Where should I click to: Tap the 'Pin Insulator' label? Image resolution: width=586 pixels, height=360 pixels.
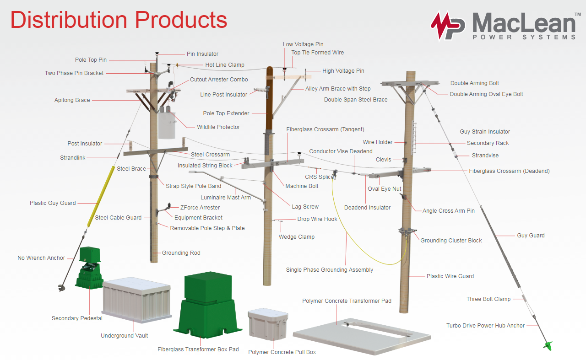click(202, 54)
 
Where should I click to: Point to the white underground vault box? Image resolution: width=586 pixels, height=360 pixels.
click(136, 300)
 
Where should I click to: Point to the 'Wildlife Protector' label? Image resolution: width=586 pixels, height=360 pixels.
click(218, 127)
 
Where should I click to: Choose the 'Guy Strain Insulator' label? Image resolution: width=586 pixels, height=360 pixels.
click(485, 132)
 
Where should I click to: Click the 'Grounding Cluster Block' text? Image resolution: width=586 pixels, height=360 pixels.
click(451, 241)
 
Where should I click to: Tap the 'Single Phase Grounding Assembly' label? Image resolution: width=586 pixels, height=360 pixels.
click(329, 270)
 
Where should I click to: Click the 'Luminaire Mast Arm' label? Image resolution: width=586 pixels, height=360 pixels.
click(226, 198)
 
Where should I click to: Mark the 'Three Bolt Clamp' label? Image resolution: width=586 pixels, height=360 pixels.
click(488, 299)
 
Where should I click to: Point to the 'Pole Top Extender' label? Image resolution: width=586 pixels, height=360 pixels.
click(226, 113)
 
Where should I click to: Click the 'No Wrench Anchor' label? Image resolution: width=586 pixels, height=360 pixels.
click(41, 258)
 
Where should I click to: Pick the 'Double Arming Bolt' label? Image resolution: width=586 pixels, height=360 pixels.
click(474, 83)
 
